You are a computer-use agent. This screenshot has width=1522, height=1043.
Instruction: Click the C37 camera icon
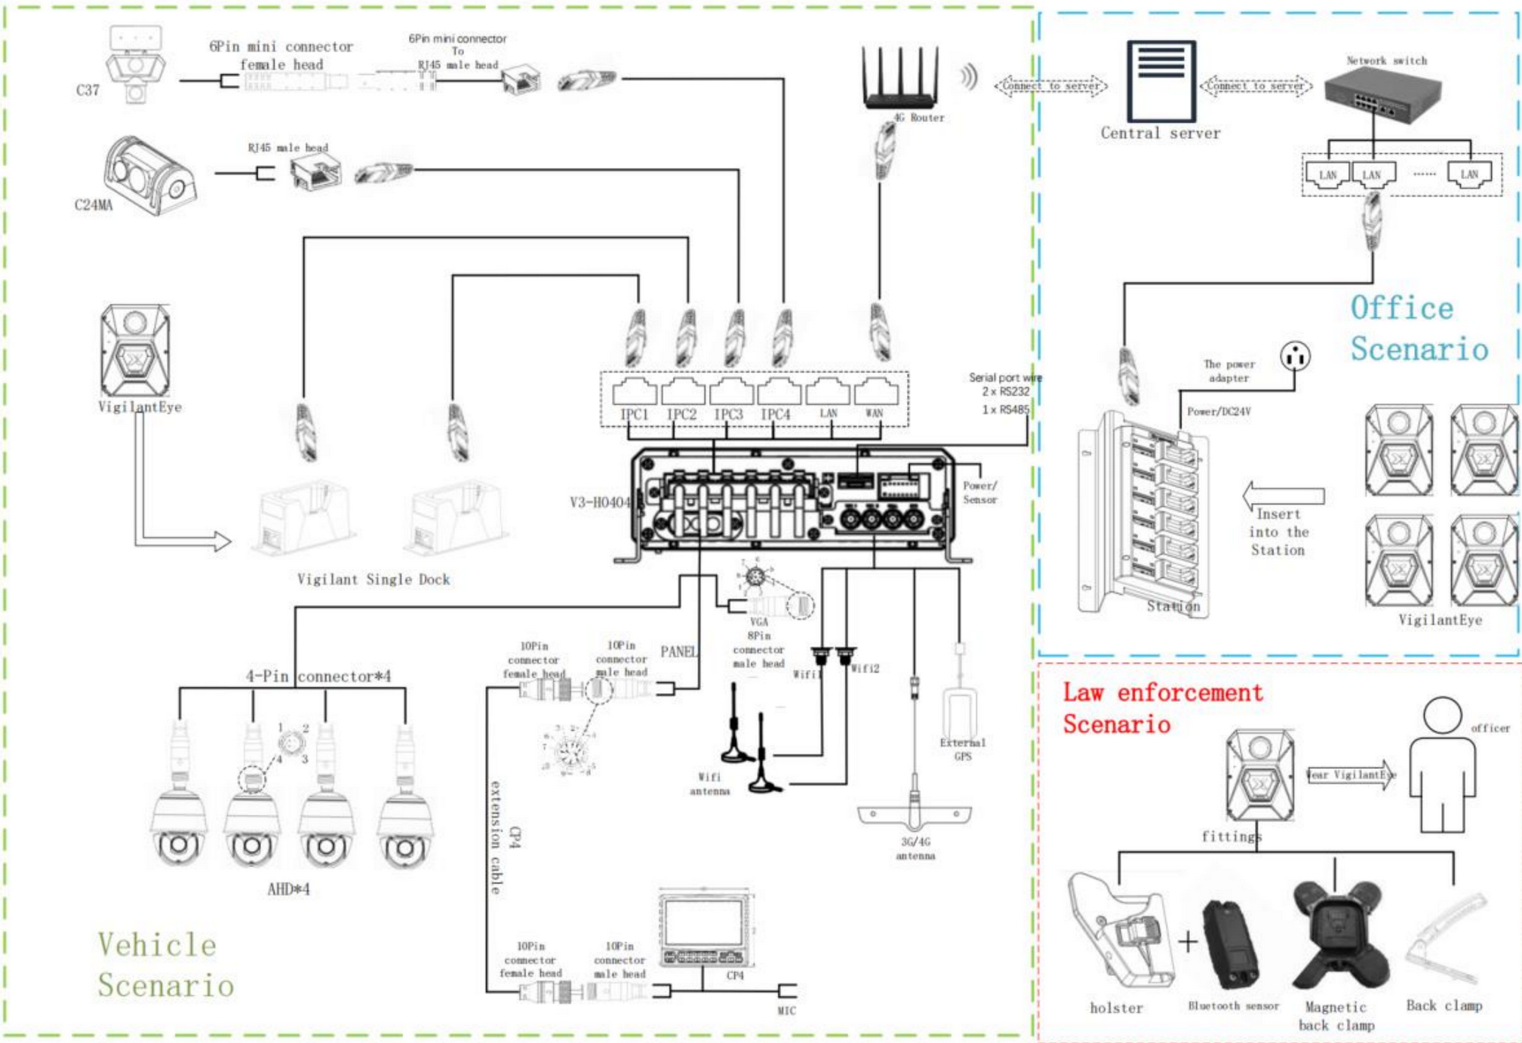coord(136,64)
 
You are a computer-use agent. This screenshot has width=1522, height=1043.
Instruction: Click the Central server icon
coord(1161,81)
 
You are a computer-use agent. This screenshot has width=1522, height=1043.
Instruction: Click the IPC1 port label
coord(634,415)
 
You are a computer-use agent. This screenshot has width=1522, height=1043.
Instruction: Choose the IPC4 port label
coord(775,415)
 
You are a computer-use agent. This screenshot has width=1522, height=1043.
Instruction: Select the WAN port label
coord(874,413)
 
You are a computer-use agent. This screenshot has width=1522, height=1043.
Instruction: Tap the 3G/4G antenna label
coord(915,848)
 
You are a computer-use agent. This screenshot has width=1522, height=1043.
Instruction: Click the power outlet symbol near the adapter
coord(1295,356)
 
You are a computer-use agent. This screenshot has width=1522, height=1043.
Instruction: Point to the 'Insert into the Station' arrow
coord(1283,495)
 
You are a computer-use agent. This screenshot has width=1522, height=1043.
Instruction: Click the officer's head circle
coord(1442,715)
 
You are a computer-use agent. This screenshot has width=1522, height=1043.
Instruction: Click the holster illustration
coord(1121,931)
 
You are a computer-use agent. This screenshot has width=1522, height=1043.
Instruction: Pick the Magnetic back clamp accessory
coord(1336,935)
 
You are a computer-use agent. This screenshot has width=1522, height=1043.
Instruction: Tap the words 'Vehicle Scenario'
coord(165,965)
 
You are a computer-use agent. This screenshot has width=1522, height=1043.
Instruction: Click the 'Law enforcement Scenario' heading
coord(1162,708)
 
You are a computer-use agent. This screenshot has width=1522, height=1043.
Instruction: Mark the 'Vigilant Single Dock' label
coord(373,579)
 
